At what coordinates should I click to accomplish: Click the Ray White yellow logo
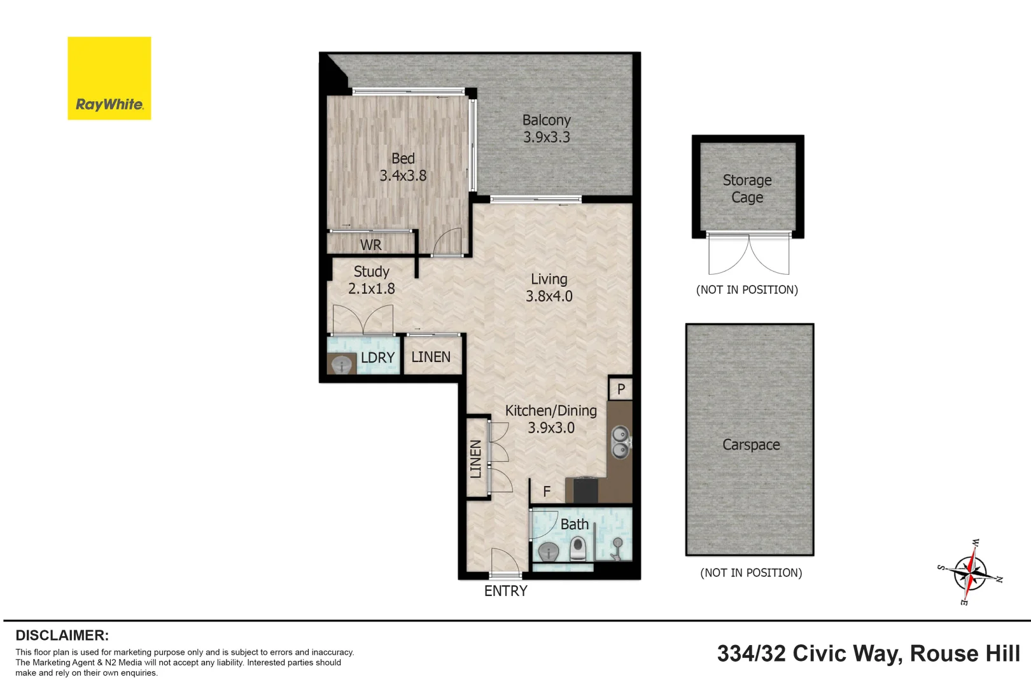(109, 78)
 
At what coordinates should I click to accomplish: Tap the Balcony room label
(546, 120)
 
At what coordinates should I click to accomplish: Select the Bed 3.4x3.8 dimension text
(403, 176)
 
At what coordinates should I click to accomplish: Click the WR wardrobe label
(370, 245)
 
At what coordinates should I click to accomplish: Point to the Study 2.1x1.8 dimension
(372, 289)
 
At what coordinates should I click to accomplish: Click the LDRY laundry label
(377, 357)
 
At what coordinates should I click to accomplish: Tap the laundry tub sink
(342, 364)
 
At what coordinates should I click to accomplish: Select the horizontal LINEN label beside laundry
(431, 357)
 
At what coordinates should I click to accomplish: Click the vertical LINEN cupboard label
(476, 459)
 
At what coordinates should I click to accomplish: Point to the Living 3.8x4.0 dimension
(549, 296)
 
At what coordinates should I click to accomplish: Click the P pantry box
(621, 389)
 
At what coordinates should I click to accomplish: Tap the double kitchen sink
(621, 442)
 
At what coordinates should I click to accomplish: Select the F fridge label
(547, 492)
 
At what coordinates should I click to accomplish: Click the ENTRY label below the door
(505, 591)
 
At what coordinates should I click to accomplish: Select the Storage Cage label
(747, 189)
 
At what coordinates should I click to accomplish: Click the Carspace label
(751, 445)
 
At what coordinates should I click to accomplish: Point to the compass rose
(969, 572)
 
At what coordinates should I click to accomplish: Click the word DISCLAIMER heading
(62, 635)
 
